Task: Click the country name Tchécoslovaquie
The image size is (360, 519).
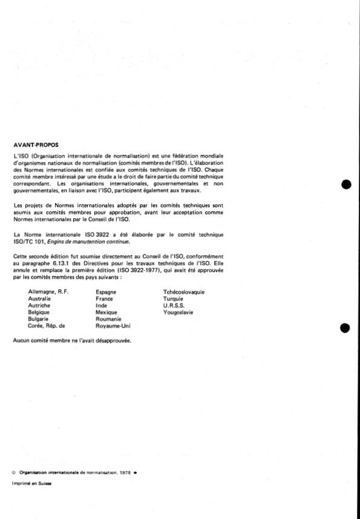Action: pos(180,292)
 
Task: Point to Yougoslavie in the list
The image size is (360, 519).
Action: pos(172,312)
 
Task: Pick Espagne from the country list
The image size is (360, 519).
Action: pos(106,292)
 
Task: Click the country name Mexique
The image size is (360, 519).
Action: pos(107,312)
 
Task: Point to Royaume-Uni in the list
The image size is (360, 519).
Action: pos(113,325)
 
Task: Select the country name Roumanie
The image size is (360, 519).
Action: pos(109,319)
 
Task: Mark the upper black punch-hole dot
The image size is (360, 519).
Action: pos(346,184)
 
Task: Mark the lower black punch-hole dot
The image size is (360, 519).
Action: pos(346,328)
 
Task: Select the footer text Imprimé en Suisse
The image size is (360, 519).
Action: pos(31,483)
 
